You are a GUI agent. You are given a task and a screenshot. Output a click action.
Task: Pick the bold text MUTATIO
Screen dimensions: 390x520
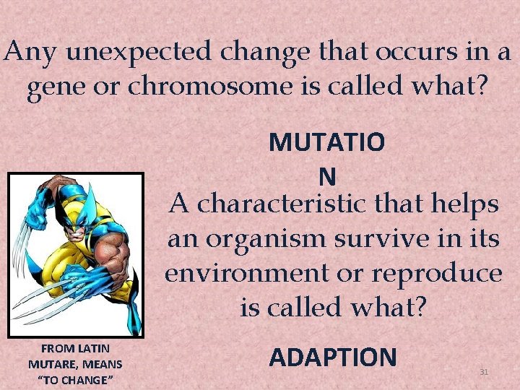click(x=326, y=142)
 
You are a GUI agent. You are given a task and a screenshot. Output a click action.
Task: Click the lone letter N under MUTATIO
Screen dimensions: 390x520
click(x=326, y=175)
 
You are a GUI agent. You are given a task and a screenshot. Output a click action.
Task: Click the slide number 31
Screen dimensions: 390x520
click(x=485, y=371)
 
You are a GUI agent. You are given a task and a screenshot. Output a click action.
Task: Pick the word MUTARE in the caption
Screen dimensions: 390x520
click(x=49, y=364)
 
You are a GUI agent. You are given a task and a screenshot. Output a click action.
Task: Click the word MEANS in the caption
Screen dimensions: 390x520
click(x=101, y=364)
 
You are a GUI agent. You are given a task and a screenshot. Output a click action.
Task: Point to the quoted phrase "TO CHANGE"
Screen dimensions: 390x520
click(x=75, y=380)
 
